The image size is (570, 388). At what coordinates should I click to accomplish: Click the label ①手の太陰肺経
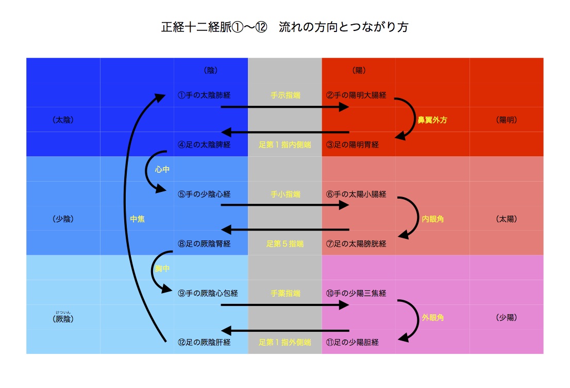tap(204, 95)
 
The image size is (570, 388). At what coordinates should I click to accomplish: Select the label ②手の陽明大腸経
tap(356, 95)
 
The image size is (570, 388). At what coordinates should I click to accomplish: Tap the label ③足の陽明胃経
tap(353, 145)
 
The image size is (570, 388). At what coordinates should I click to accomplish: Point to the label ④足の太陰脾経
tap(204, 145)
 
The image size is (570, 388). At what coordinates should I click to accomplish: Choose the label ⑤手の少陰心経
tap(204, 195)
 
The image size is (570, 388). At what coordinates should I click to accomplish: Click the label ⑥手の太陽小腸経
tap(356, 195)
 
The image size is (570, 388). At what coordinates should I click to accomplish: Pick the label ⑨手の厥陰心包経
tap(208, 293)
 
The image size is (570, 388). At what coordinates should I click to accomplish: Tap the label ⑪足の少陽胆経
tap(353, 342)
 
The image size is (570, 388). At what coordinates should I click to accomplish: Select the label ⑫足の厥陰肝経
tap(204, 342)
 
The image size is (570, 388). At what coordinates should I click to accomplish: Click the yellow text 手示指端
tap(285, 95)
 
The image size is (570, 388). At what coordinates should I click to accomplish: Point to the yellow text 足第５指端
tap(285, 244)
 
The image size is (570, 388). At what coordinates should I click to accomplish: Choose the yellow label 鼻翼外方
tap(432, 120)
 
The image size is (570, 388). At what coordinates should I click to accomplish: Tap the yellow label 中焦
tap(137, 219)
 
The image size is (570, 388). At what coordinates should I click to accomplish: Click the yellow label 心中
tap(162, 169)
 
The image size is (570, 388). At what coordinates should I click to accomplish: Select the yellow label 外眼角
tap(432, 318)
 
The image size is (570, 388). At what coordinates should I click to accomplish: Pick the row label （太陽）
tap(506, 219)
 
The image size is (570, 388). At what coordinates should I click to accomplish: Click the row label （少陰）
tap(63, 219)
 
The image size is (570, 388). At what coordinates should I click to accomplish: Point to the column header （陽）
tap(359, 71)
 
